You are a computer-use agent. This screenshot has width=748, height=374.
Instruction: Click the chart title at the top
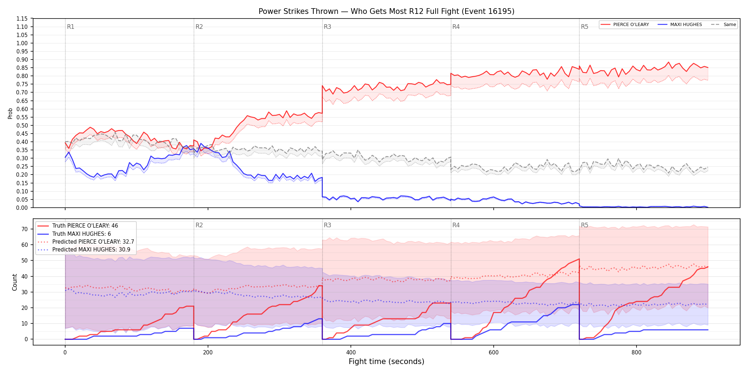[386, 11]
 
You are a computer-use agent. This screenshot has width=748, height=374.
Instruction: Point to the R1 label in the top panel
[71, 27]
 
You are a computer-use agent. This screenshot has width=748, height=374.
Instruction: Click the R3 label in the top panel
[327, 27]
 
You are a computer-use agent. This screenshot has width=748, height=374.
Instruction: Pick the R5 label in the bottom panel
[585, 225]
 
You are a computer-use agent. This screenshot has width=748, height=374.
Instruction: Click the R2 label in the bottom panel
[199, 225]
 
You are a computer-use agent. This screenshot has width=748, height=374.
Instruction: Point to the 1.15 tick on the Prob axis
[22, 19]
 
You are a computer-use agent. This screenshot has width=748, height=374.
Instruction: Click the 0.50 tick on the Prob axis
[22, 125]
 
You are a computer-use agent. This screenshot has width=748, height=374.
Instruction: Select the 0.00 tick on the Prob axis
[22, 208]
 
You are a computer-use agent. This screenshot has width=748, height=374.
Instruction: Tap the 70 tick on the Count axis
[25, 229]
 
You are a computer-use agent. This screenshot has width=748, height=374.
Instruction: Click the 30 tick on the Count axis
[25, 292]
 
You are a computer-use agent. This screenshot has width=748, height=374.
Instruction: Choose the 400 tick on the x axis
[351, 353]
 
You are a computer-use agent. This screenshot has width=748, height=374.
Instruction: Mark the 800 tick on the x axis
[637, 353]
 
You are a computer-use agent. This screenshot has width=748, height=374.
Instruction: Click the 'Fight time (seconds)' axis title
[386, 362]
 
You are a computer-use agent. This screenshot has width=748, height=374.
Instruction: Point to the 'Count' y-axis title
[15, 282]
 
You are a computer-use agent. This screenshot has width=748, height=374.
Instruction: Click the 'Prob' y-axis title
[10, 113]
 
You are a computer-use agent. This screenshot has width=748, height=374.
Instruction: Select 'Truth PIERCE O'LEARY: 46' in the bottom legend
[85, 226]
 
